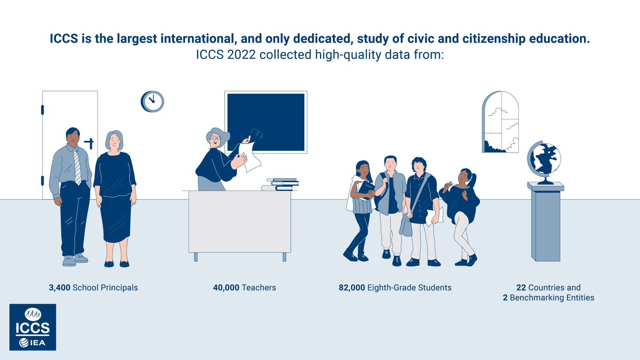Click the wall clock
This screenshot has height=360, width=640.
point(153,101)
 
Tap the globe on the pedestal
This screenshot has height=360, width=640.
point(544,159)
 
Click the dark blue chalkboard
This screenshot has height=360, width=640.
point(266,122)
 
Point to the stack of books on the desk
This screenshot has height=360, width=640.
point(279,185)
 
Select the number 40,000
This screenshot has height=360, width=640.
point(226,287)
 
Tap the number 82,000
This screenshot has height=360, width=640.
point(351,287)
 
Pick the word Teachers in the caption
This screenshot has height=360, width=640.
point(259,287)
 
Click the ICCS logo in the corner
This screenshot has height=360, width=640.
point(33,327)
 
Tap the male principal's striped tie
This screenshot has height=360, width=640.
point(78,165)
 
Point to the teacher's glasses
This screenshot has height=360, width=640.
point(214,138)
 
